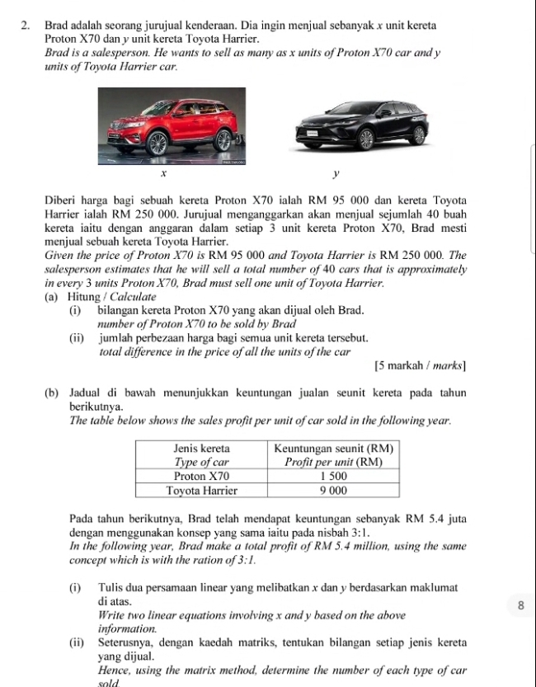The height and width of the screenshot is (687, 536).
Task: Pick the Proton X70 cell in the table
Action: pos(203,476)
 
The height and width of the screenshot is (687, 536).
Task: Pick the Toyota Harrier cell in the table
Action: pos(203,490)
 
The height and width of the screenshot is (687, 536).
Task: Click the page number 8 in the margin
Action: pos(520,606)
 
